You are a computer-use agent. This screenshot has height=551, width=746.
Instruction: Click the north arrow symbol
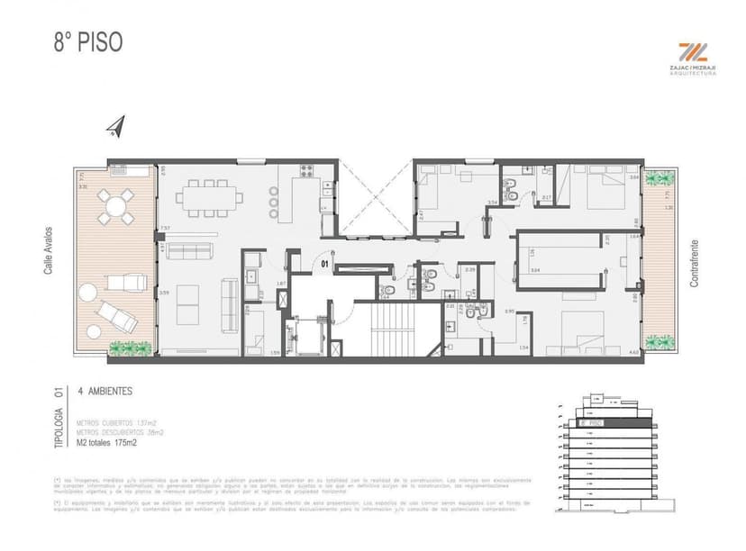[114, 128]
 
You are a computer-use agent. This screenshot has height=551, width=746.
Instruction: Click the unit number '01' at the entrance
[325, 264]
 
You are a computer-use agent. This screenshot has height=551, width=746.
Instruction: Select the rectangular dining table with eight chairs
[203, 197]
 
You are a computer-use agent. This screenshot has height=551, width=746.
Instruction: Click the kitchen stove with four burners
[306, 170]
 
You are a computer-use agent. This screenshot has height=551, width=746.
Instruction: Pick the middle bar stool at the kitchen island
[274, 203]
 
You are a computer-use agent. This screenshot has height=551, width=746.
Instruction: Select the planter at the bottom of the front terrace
[131, 348]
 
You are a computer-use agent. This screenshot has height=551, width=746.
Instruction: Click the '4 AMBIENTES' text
[105, 392]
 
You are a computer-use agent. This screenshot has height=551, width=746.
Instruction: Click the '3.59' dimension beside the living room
[163, 293]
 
